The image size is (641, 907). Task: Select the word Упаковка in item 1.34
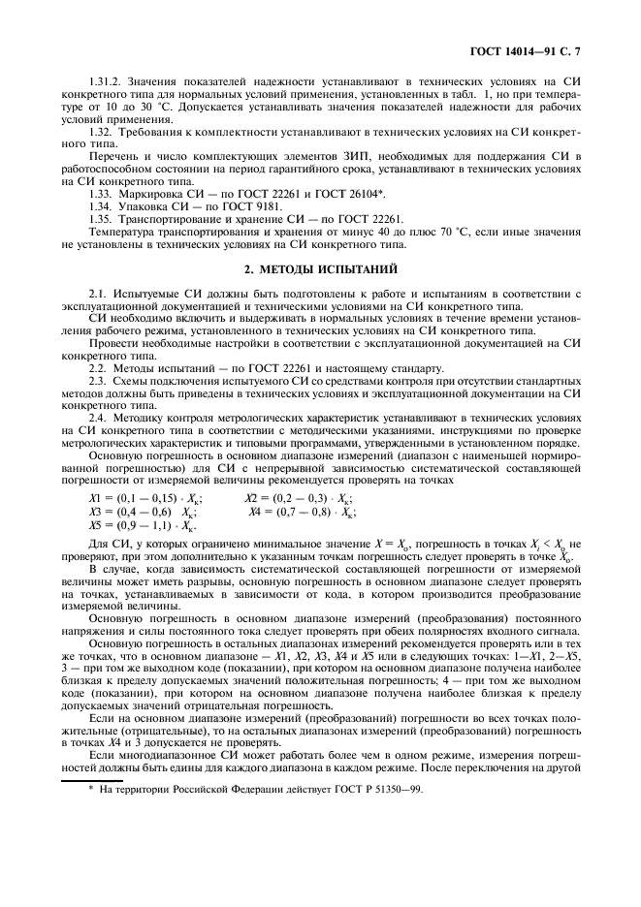145,206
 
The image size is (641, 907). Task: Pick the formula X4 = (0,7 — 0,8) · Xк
300,512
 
